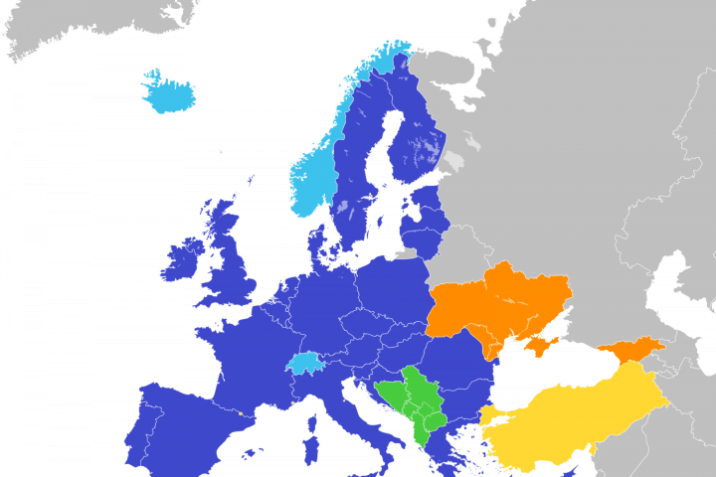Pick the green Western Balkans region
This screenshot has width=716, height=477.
pyautogui.click(x=413, y=402)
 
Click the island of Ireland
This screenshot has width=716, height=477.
pyautogui.click(x=182, y=260)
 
